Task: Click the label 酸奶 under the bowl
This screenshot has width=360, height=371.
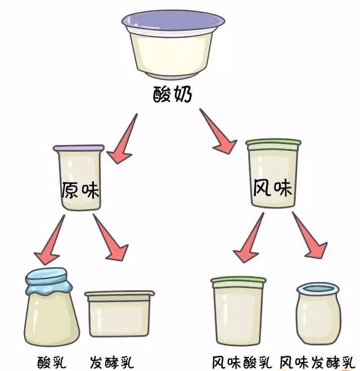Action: pos(173,95)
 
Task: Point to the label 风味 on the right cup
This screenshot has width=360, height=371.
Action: pos(272,188)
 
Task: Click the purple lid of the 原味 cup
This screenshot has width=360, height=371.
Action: pos(79,148)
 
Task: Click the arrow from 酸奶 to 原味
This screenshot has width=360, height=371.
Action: pos(124,141)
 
